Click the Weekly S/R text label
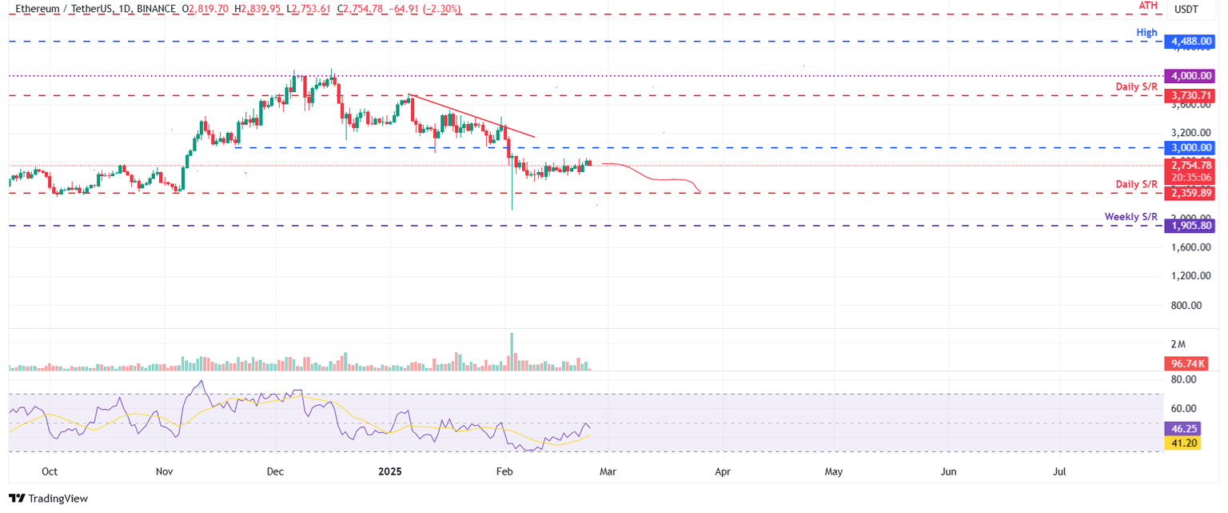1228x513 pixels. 1130,217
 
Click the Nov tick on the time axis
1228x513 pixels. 165,472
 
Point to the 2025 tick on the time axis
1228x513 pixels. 389,472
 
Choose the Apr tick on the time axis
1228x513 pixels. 723,472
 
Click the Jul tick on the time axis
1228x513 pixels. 1059,472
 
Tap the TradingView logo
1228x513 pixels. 48,499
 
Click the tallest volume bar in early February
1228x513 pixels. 511,351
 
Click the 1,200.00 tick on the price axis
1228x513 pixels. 1186,276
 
